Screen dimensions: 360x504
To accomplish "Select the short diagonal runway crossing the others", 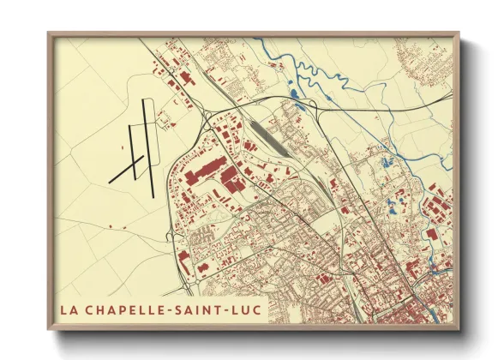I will pos(127,169).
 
